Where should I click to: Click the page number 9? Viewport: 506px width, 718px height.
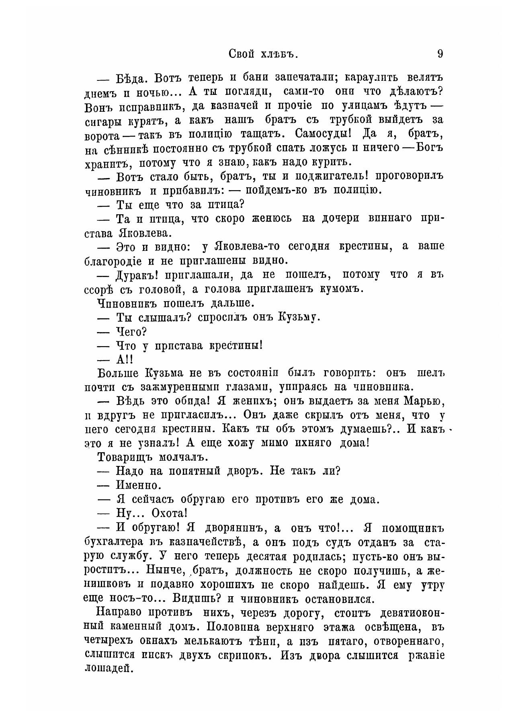440,53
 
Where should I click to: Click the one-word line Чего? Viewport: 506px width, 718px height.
131,332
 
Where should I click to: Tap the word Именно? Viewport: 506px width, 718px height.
138,485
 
